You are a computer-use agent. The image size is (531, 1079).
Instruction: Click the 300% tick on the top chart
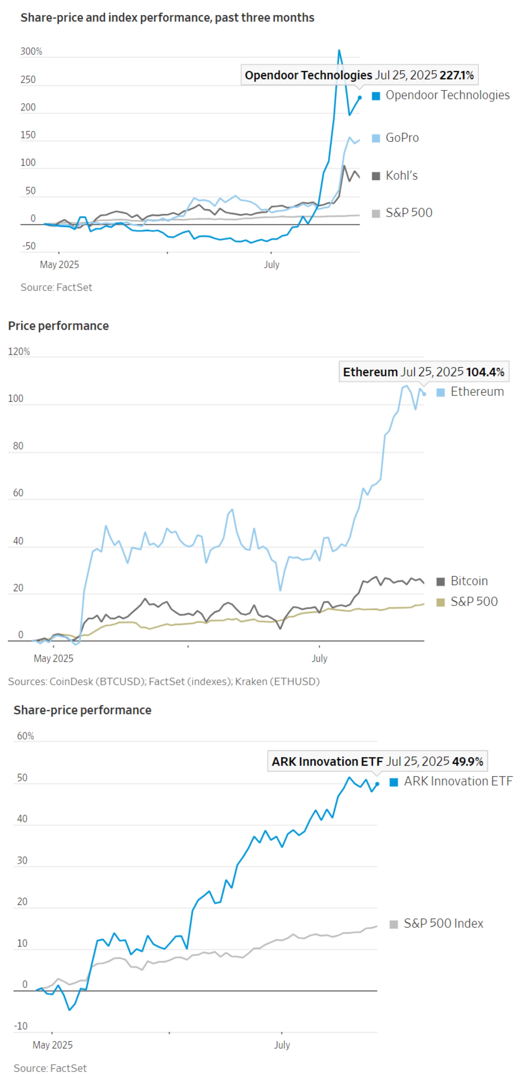[31, 52]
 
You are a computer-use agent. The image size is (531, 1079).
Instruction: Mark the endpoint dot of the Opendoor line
[359, 98]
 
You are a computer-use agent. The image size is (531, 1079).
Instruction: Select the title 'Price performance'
[58, 326]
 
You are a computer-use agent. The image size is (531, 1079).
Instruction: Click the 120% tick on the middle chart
[19, 351]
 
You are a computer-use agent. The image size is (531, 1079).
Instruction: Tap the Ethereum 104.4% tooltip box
[423, 372]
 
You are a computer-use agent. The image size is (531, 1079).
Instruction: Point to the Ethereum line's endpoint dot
[424, 394]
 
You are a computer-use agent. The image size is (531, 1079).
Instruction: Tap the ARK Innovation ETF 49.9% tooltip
[377, 762]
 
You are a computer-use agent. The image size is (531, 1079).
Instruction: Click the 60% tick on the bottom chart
[25, 736]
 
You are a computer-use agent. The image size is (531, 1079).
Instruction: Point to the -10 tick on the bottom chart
[21, 1026]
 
